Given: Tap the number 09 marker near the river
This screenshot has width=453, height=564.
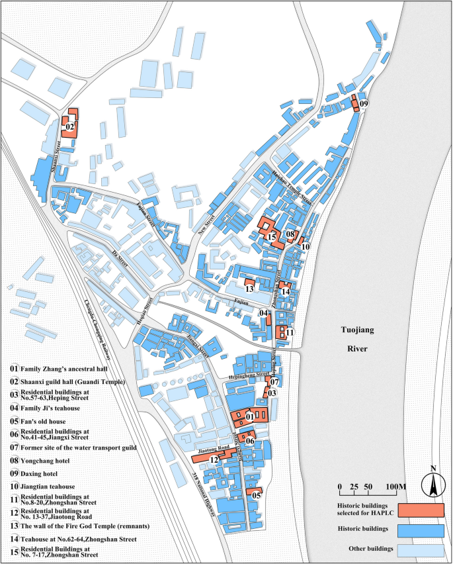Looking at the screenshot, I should coord(364,104).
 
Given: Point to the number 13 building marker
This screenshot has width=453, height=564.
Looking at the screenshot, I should coord(249,289).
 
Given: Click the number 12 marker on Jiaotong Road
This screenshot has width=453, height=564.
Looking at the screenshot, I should coord(214,459).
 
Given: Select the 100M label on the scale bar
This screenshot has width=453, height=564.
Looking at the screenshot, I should coord(396,487).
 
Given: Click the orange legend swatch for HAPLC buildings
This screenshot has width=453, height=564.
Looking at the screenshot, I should coord(420,510).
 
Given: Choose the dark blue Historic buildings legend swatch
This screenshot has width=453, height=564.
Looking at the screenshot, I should coord(420,530).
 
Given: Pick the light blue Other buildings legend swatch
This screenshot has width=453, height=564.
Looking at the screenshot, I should coord(420,549).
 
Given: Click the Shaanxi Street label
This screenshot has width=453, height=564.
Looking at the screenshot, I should coord(56,156).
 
